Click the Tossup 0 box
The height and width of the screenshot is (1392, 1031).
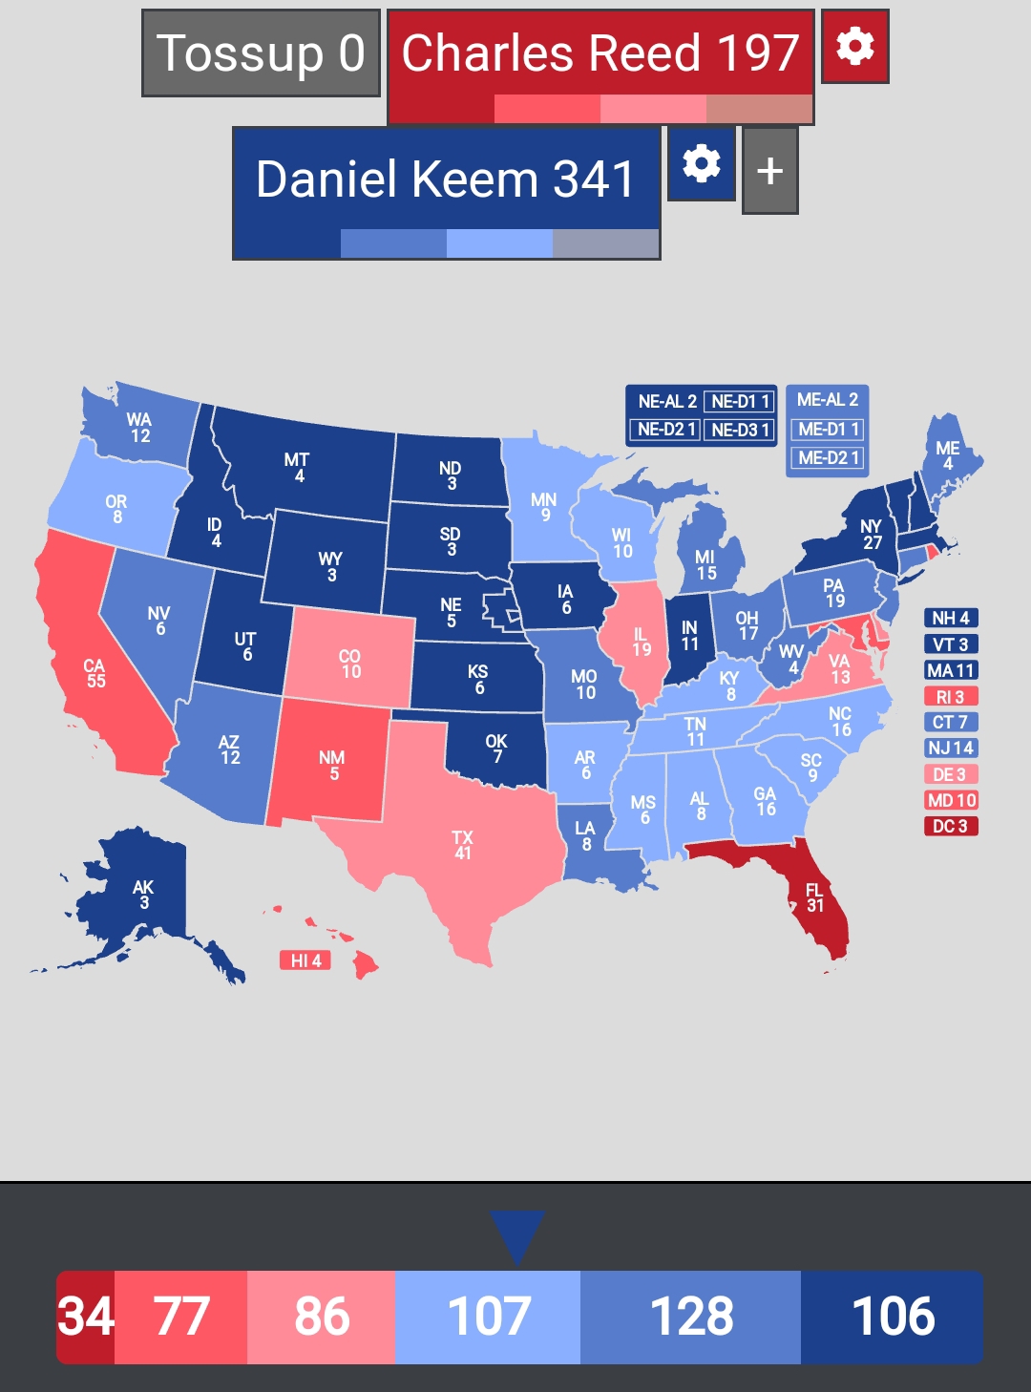click(261, 53)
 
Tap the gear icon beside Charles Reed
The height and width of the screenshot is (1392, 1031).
click(854, 46)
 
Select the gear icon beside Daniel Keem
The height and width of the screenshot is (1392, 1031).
click(701, 164)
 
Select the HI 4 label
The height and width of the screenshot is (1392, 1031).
click(305, 960)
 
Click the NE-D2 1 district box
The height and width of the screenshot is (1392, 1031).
click(665, 430)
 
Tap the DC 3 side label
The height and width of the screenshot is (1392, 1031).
click(950, 826)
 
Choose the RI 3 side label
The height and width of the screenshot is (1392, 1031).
click(950, 696)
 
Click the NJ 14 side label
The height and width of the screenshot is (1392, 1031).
click(950, 748)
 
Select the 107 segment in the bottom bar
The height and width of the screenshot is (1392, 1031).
click(488, 1317)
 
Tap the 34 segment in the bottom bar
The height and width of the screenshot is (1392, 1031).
click(86, 1317)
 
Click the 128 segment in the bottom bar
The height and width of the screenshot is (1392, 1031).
click(690, 1317)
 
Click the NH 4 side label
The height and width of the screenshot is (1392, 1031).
click(950, 618)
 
